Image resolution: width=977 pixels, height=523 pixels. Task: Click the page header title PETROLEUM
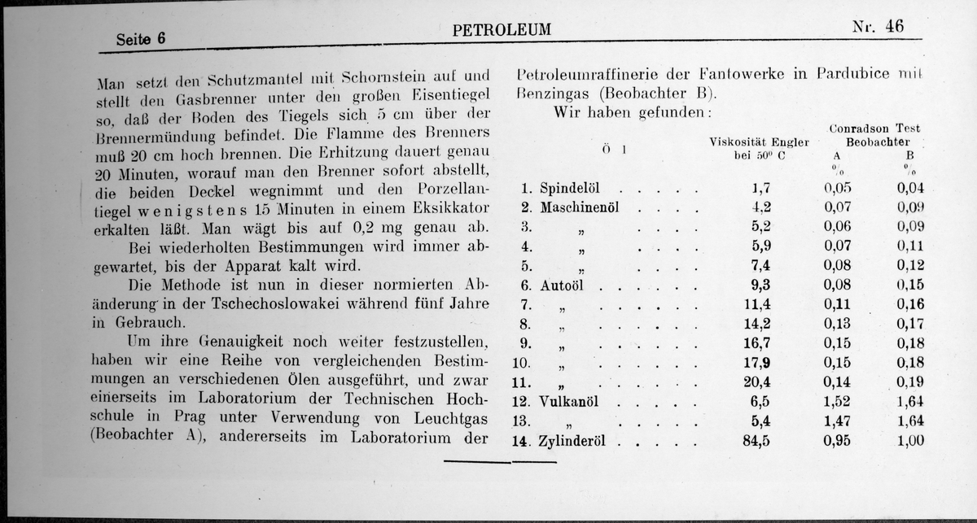tap(501, 31)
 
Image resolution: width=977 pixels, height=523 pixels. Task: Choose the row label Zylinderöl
tap(575, 442)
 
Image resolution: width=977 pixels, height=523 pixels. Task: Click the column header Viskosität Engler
tap(758, 142)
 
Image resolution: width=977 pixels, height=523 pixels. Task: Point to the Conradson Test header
tap(874, 129)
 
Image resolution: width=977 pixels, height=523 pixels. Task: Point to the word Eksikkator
tap(440, 207)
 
